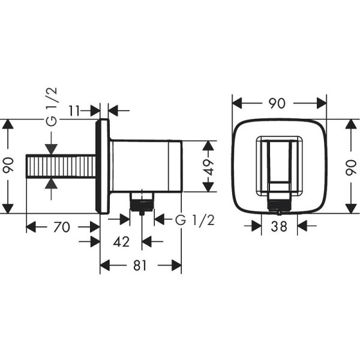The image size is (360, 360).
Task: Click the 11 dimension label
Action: (75, 110)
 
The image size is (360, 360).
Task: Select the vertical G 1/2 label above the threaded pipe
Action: (53, 106)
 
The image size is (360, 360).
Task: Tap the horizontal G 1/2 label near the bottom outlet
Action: (194, 220)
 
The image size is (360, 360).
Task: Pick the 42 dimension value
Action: (122, 242)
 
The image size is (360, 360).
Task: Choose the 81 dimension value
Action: (140, 265)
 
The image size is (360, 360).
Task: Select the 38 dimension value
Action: (280, 227)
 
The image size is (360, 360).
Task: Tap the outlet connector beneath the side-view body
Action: (142, 203)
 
